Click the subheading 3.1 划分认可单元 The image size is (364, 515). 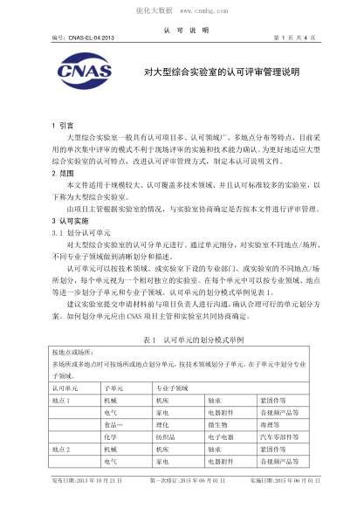(80, 232)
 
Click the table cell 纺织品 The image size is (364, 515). (168, 436)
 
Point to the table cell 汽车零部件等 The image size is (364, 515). (279, 436)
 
